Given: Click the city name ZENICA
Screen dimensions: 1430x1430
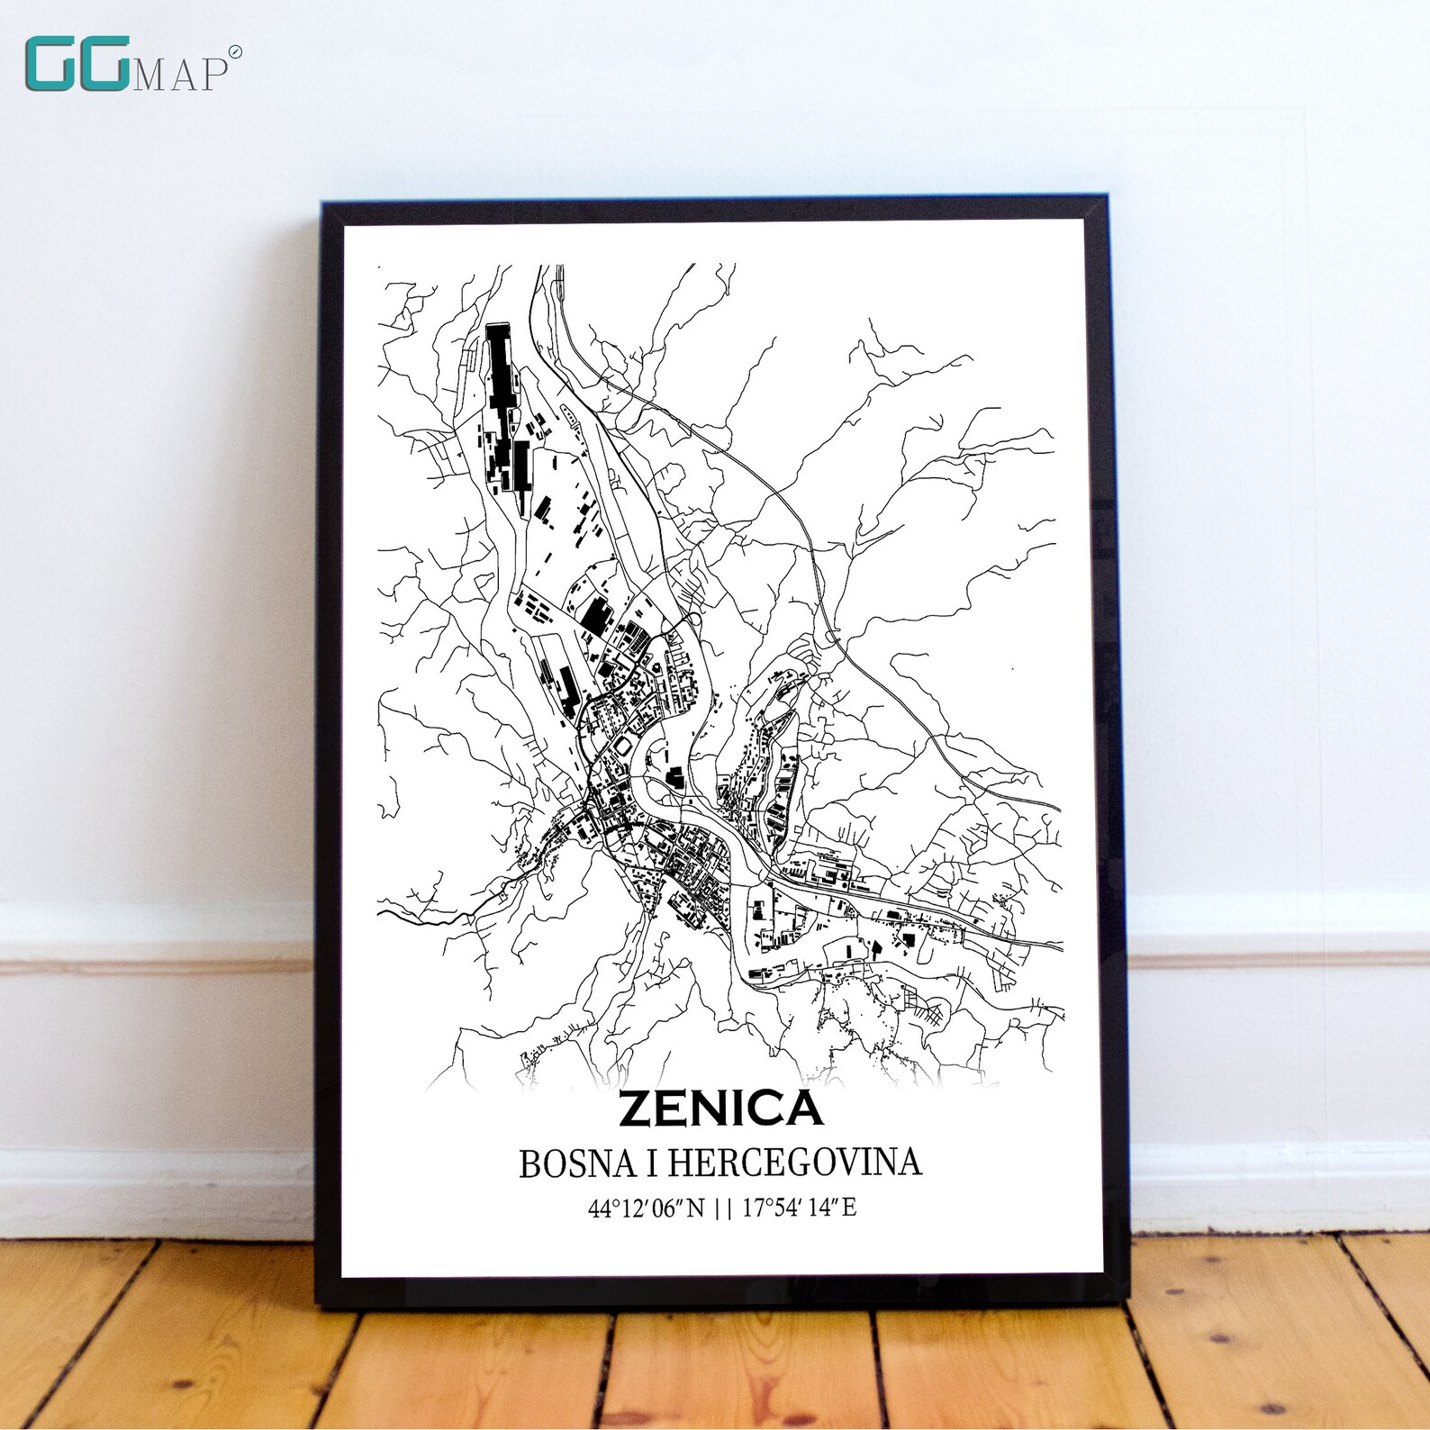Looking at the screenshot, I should click(x=720, y=1109).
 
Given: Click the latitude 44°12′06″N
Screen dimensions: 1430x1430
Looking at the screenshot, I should click(x=646, y=1208).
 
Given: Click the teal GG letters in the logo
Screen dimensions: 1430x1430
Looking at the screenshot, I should click(x=77, y=64).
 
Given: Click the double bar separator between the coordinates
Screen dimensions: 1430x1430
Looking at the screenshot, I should click(x=722, y=1208).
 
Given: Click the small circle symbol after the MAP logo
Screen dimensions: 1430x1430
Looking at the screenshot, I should click(x=235, y=53).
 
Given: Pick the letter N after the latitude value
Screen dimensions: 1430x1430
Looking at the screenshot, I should click(x=694, y=1208).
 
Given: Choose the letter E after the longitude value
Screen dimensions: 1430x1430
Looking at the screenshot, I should click(x=848, y=1208).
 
